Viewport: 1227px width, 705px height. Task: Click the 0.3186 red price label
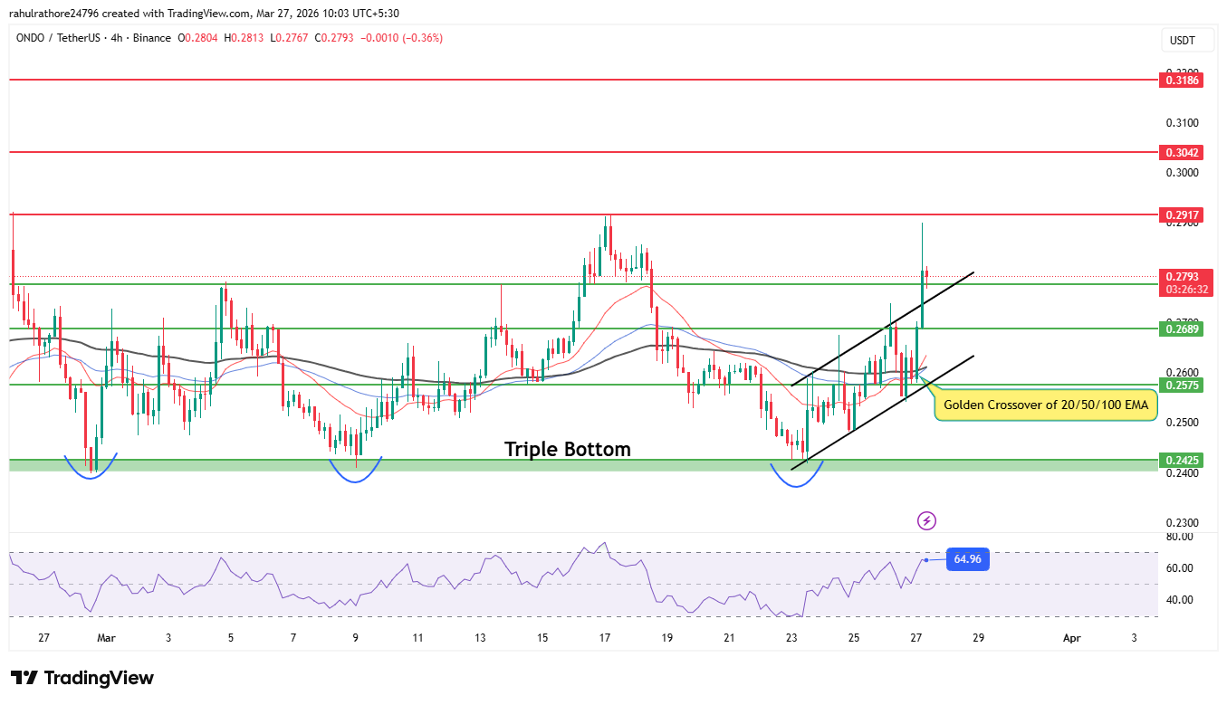pos(1183,81)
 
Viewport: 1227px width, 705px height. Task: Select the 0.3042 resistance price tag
pos(1183,153)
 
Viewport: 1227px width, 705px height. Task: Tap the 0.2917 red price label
pos(1183,214)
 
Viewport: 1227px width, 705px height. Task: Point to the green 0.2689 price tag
pos(1183,329)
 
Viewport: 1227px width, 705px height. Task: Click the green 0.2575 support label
pos(1183,385)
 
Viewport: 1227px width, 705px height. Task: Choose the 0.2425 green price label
pos(1183,461)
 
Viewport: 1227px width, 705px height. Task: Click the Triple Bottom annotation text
pos(567,449)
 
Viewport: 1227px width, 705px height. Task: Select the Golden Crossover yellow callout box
pos(1046,405)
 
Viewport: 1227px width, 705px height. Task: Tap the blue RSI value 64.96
pos(967,559)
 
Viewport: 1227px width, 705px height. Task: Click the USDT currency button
pos(1183,41)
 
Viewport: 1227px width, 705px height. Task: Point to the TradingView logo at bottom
pos(82,678)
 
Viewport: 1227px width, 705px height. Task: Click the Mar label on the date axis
pos(106,638)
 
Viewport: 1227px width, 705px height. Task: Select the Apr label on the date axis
pos(1071,638)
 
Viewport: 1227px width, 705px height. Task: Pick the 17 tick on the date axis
pos(605,638)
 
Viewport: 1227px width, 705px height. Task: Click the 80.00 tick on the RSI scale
pos(1180,537)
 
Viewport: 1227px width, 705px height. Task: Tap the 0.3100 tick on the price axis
pos(1182,122)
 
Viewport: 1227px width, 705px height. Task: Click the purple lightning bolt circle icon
pos(926,520)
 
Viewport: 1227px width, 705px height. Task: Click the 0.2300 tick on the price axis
pos(1182,522)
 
